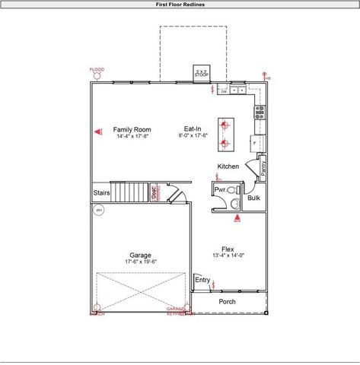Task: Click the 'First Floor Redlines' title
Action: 180,4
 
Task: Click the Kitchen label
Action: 228,166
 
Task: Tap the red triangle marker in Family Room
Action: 98,132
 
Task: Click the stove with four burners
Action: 259,113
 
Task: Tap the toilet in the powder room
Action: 234,202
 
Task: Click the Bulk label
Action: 253,198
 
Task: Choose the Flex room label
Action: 228,249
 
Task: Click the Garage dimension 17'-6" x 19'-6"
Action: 140,262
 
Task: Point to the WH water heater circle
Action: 98,211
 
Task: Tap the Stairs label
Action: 102,193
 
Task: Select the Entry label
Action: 202,280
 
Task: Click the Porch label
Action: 227,302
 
